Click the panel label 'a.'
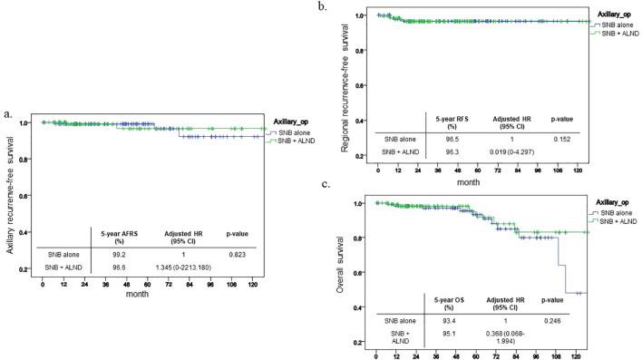[9, 114]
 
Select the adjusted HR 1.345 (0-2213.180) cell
[173, 270]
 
